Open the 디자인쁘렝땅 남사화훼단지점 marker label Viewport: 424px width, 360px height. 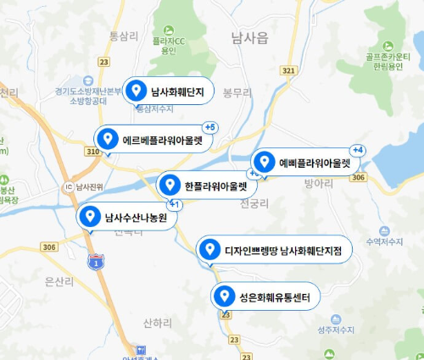pyautogui.click(x=272, y=250)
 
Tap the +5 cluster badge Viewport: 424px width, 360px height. pyautogui.click(x=210, y=127)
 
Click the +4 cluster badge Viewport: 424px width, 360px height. pyautogui.click(x=357, y=150)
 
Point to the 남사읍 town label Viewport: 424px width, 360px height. pyautogui.click(x=248, y=38)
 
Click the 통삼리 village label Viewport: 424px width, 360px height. pyautogui.click(x=124, y=36)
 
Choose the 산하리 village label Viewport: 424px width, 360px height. pyautogui.click(x=158, y=323)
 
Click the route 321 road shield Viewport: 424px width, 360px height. pyautogui.click(x=289, y=70)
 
